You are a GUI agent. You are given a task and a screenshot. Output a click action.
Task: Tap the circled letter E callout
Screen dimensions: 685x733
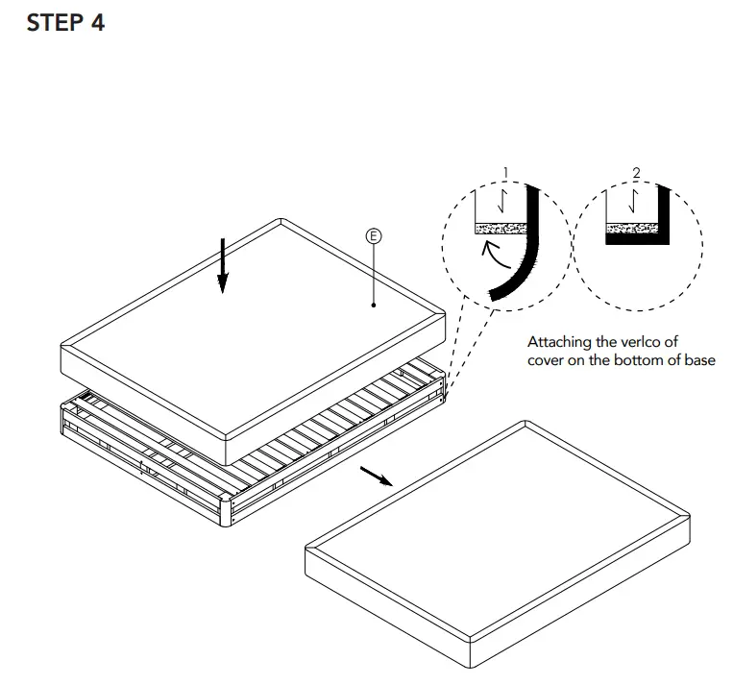pyautogui.click(x=374, y=233)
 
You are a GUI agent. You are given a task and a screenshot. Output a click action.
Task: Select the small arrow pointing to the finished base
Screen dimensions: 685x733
pyautogui.click(x=376, y=477)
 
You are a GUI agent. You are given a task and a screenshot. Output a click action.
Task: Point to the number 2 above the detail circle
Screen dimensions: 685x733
pyautogui.click(x=636, y=173)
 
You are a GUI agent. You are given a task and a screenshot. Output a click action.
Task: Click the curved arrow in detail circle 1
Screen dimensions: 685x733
pyautogui.click(x=496, y=257)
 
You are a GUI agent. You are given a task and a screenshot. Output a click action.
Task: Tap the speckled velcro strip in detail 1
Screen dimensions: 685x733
pyautogui.click(x=500, y=230)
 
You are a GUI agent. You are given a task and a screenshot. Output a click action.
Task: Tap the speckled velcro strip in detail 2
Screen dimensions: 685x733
pyautogui.click(x=630, y=230)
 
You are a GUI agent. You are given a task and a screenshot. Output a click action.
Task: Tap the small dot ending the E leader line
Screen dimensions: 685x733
pyautogui.click(x=374, y=306)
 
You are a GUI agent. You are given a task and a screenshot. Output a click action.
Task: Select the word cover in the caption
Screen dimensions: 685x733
pyautogui.click(x=549, y=360)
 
